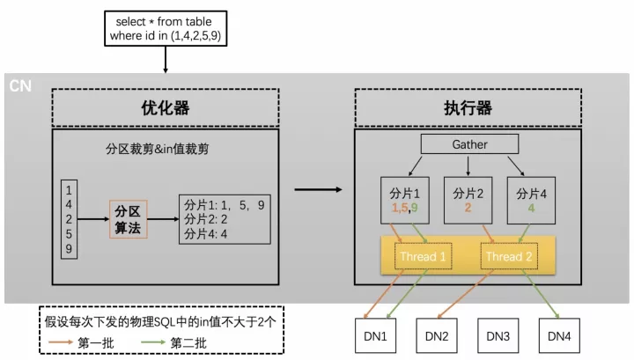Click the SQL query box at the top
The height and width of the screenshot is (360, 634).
166,28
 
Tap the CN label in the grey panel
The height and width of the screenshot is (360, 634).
20,85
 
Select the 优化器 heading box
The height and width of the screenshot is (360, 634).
166,107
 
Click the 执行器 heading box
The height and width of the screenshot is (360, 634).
468,107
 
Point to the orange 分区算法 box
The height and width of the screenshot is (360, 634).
129,219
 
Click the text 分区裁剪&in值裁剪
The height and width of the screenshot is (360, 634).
158,149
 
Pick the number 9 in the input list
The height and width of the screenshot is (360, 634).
69,248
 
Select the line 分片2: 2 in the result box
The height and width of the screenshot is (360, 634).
206,219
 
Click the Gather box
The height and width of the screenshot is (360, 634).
469,144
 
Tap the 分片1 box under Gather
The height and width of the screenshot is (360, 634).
405,200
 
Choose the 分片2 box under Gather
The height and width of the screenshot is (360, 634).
468,200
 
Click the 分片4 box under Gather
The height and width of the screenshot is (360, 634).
531,200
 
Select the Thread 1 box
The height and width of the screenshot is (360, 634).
423,256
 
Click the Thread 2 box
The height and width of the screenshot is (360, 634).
509,256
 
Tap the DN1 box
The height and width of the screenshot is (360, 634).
375,335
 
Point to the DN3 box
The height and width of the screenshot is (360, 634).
498,335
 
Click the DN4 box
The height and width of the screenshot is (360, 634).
559,335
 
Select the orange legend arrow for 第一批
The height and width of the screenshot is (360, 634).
61,342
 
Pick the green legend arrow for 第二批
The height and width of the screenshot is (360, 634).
153,342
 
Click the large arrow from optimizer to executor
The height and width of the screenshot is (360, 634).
318,189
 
